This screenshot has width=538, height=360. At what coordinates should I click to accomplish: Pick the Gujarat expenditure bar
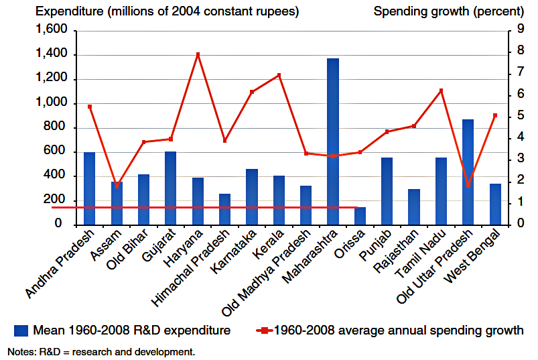click(170, 188)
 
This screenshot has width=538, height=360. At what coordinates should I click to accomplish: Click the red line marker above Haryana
click(198, 54)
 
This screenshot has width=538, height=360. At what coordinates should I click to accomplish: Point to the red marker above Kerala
click(279, 75)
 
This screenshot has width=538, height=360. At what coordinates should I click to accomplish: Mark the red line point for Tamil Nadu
click(441, 91)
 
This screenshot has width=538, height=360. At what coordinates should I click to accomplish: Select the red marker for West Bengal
click(495, 115)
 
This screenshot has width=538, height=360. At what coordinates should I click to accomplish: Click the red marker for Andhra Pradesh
click(89, 107)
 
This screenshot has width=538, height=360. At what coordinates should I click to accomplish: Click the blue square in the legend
click(21, 330)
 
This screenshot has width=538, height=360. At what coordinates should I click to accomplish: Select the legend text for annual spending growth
click(397, 330)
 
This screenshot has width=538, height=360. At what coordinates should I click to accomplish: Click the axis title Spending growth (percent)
click(448, 11)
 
